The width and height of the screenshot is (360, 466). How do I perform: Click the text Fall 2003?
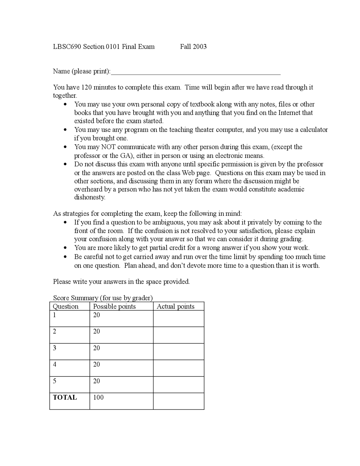[193, 47]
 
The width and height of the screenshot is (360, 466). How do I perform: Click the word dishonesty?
[89, 197]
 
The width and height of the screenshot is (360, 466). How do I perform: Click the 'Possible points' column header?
[114, 306]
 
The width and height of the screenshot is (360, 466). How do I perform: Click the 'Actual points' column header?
[175, 306]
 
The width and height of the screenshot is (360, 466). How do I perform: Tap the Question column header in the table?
[66, 306]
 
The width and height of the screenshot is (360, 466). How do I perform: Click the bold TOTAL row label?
[65, 397]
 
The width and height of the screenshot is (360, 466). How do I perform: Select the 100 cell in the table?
[98, 397]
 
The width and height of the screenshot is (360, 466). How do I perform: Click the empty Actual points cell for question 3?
[179, 351]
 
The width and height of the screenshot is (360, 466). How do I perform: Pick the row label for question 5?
[55, 381]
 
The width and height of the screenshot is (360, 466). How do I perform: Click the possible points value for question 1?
[96, 315]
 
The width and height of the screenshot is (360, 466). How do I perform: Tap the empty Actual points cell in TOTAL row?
[179, 401]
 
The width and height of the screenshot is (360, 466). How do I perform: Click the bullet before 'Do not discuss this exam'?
[65, 164]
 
